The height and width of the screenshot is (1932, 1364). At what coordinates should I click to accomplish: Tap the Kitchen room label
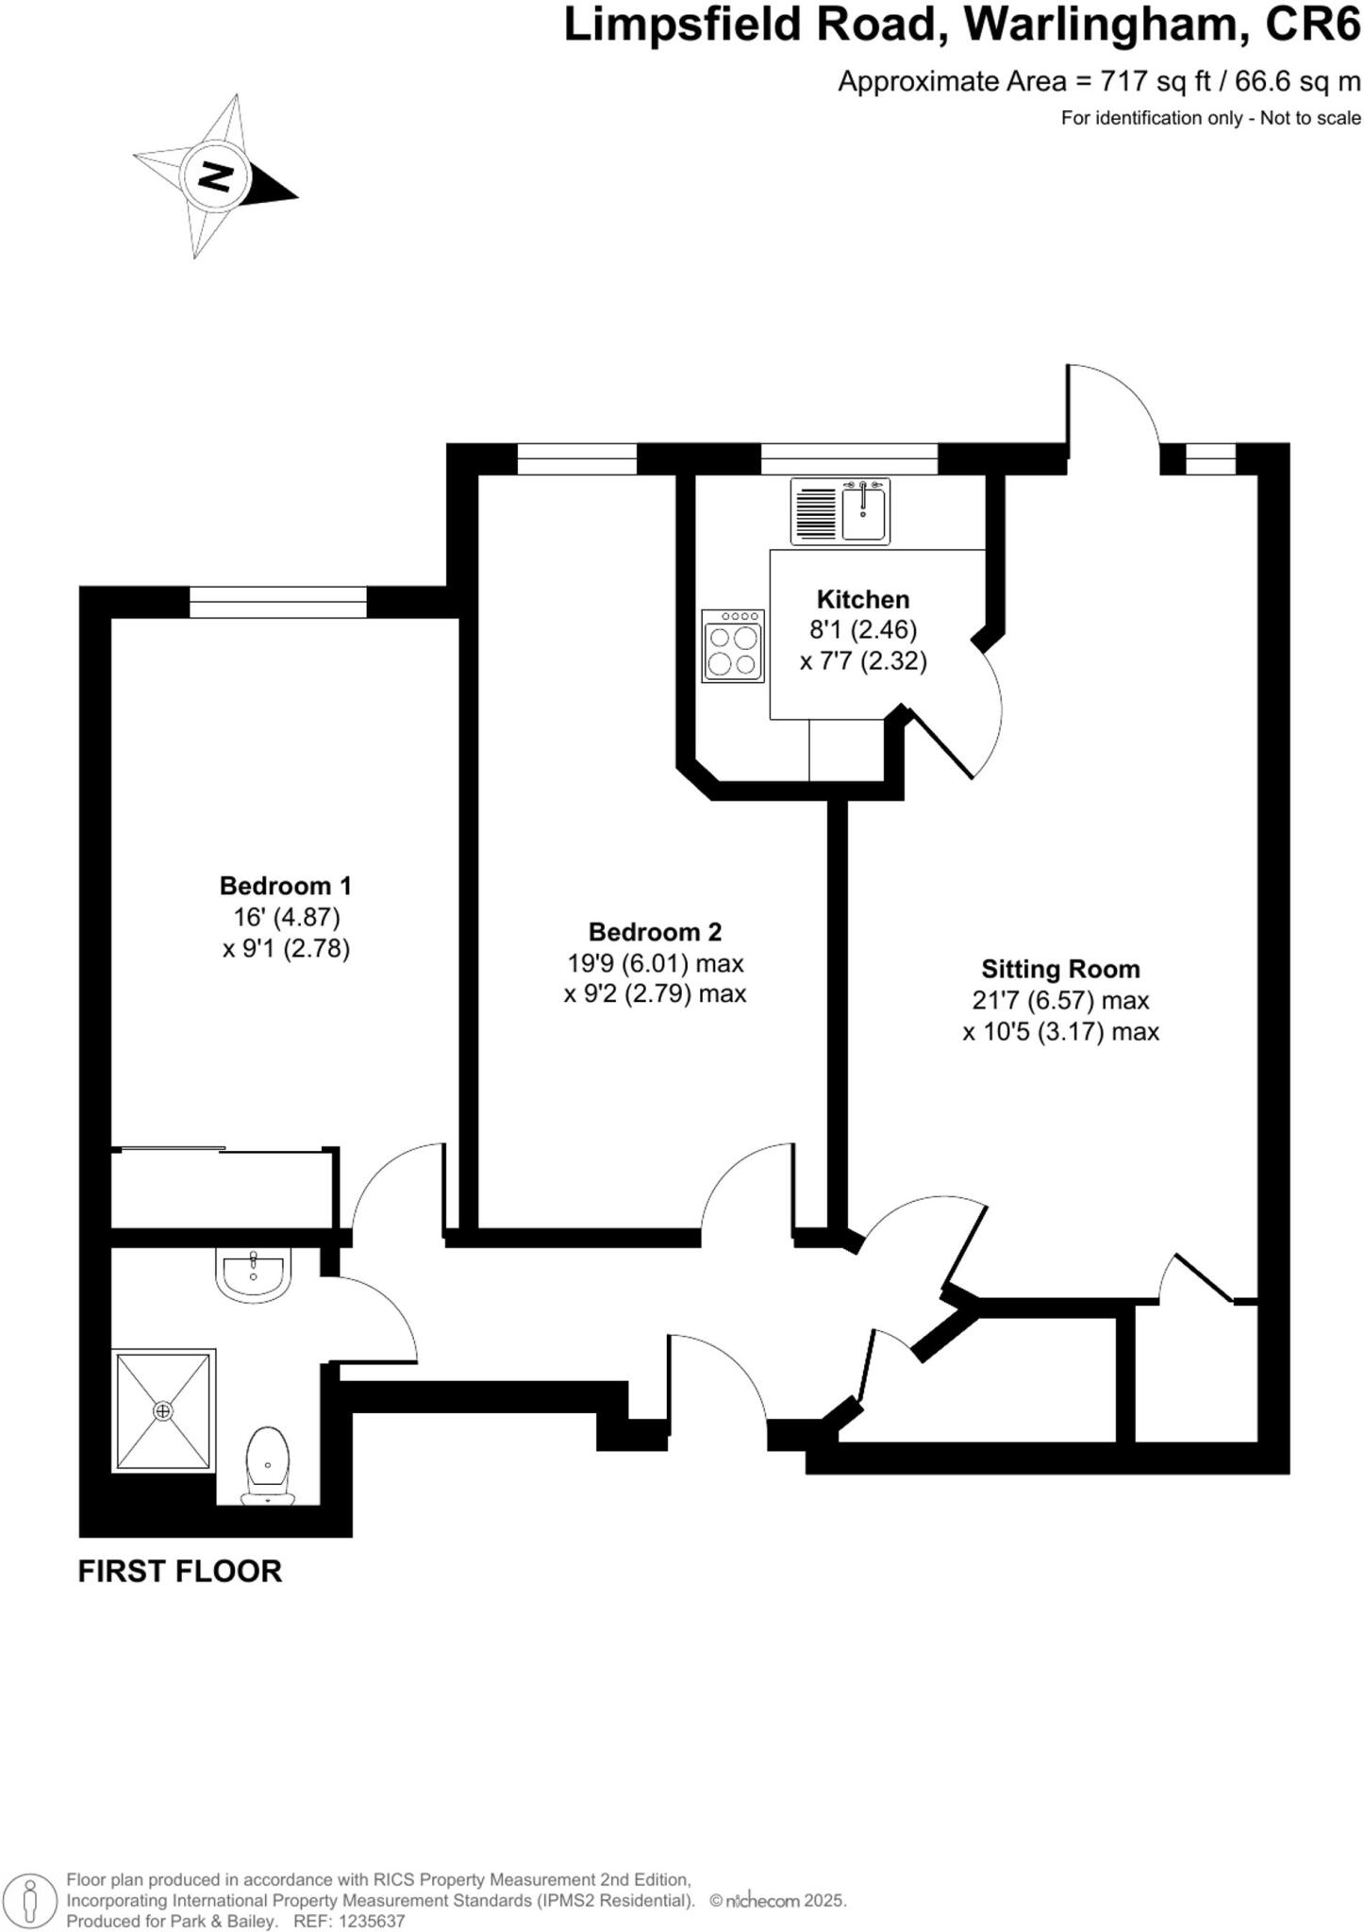862,599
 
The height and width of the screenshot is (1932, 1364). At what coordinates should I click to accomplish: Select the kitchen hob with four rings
733,646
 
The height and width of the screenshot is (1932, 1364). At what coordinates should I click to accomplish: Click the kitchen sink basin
863,510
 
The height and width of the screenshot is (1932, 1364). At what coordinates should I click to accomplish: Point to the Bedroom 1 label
285,885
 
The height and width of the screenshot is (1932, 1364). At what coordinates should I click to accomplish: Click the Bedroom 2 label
655,932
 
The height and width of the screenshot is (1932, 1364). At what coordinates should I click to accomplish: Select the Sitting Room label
1060,969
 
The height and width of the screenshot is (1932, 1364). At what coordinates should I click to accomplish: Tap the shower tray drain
164,1410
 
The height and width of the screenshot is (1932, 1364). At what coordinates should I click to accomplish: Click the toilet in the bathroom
269,1466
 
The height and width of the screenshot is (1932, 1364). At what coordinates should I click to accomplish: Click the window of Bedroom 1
278,602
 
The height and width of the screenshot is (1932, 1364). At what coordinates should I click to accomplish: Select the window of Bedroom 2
577,459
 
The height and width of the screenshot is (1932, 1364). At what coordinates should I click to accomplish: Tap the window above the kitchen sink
849,459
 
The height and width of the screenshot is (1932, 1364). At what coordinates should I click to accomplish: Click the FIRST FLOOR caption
179,1572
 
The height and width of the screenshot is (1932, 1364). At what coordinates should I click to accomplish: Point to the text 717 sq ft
1156,82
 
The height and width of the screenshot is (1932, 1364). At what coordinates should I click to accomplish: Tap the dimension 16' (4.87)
286,916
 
